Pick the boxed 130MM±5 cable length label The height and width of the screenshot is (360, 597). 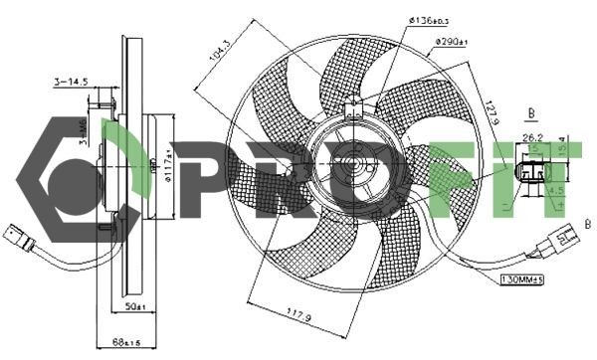[525, 279]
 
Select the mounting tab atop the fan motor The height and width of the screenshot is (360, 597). [349, 110]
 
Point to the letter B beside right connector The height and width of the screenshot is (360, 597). [586, 225]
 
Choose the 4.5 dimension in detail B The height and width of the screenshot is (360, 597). [555, 189]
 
